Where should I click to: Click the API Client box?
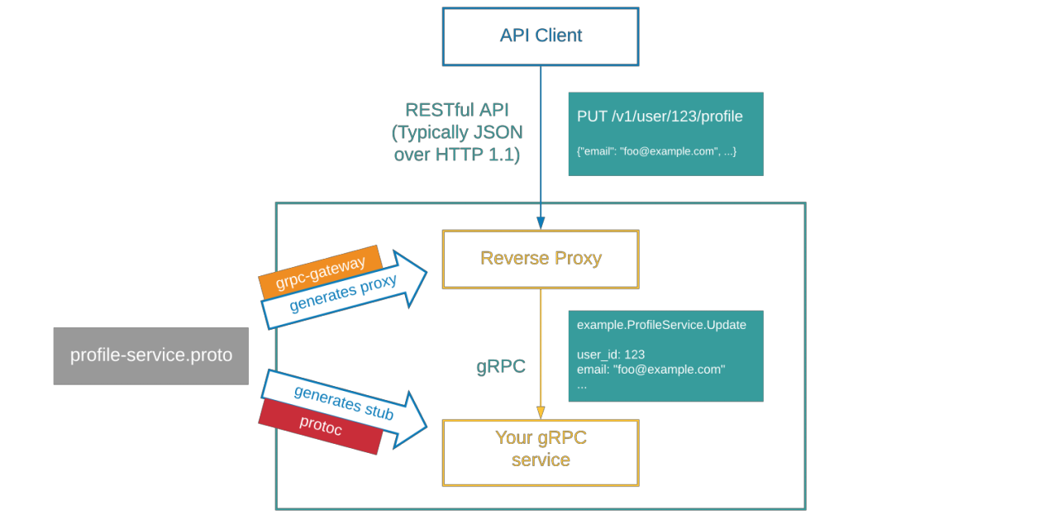[x=541, y=36]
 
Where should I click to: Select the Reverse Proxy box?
[x=541, y=259]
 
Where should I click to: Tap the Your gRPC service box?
[x=541, y=452]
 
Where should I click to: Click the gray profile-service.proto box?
[x=150, y=356]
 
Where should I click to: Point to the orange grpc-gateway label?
[x=321, y=273]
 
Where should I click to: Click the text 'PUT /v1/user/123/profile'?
[x=660, y=117]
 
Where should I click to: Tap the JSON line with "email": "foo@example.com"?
[x=656, y=151]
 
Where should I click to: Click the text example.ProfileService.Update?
[x=661, y=325]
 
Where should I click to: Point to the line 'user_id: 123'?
[x=611, y=354]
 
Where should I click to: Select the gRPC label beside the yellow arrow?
[x=501, y=366]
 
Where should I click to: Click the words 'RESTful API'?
[x=456, y=110]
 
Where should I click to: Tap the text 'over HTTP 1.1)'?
[x=456, y=155]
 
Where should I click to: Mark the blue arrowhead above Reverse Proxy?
[x=541, y=222]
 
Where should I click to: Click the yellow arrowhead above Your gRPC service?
[x=541, y=412]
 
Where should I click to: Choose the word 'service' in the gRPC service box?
[x=541, y=460]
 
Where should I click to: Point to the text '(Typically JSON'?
[x=456, y=132]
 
